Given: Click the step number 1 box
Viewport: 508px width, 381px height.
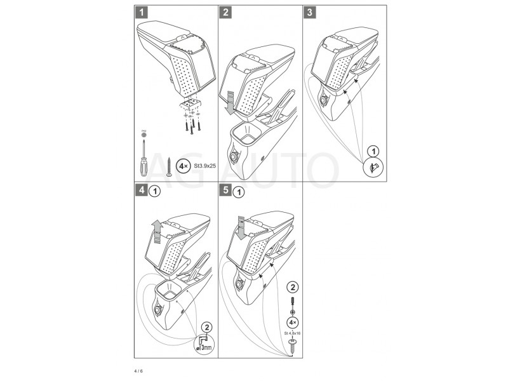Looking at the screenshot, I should click(144, 11).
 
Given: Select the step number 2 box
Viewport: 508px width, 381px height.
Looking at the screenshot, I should click(227, 11).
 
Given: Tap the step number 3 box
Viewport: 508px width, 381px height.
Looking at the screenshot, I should click(309, 11).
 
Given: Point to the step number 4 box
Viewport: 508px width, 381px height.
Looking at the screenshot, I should click(144, 190).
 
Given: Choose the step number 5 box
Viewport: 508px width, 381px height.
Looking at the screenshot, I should click(227, 190).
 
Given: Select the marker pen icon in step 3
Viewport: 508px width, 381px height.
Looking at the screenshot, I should click(373, 168).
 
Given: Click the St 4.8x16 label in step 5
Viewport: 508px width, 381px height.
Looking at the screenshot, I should click(292, 331).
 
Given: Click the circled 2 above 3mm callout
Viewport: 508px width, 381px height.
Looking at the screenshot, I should click(206, 328).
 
